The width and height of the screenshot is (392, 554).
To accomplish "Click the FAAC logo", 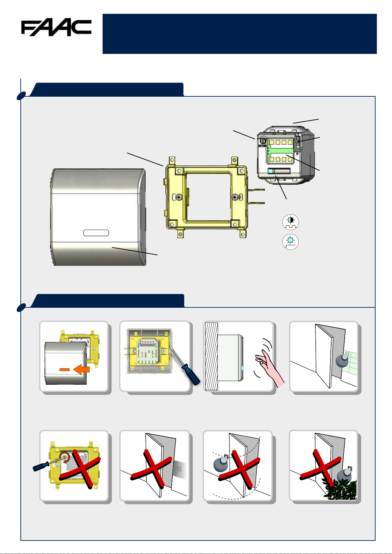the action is (56, 27).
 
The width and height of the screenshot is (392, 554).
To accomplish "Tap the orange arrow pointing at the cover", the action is (81, 370).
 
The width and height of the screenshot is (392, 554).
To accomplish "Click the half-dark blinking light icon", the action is (291, 222).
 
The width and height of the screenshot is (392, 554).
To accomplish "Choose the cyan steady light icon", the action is (291, 242).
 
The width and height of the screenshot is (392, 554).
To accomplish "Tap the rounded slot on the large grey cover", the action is (96, 233).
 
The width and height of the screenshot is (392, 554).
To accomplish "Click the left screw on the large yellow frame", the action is (179, 197).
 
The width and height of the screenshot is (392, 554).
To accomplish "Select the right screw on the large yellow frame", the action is (235, 197).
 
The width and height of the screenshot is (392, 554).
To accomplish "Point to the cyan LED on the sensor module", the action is (270, 171).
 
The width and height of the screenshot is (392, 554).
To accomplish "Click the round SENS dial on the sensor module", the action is (263, 141).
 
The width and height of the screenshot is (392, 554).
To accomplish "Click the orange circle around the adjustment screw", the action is (64, 458).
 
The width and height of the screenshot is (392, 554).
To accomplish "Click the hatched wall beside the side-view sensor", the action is (212, 356).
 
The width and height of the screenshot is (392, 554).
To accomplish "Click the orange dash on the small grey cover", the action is (64, 370).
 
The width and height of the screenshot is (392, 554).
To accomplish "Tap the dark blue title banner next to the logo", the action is (239, 34).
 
